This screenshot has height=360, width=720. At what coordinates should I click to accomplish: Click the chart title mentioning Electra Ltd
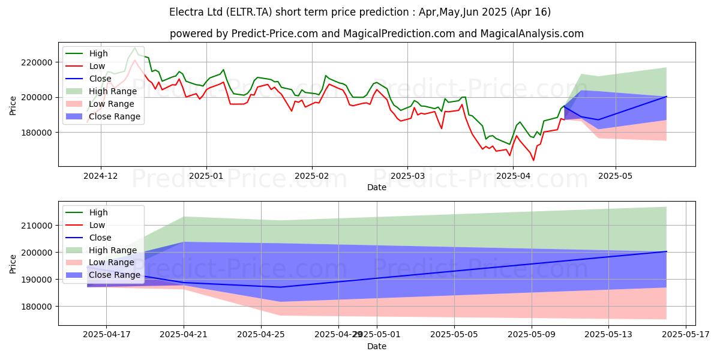[360, 12]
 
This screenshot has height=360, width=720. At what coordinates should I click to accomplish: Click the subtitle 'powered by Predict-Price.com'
[376, 34]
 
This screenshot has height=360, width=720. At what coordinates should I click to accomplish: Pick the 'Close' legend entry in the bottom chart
[99, 238]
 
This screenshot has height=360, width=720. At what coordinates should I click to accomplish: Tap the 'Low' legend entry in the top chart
[97, 66]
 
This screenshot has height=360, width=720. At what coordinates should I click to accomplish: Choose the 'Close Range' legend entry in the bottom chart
[115, 275]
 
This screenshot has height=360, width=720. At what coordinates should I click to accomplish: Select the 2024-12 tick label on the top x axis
[100, 176]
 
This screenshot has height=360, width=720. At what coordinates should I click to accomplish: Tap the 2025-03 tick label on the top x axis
[407, 176]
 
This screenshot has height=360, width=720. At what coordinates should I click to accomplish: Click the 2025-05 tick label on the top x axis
[616, 176]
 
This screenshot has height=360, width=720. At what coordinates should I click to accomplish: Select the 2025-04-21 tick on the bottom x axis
[184, 335]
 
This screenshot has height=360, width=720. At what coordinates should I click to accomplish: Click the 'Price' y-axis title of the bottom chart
[14, 263]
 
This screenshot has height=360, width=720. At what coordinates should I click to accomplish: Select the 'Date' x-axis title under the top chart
[376, 187]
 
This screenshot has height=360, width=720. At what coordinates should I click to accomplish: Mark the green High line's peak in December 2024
[135, 47]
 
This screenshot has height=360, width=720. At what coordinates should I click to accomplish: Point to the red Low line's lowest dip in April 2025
[533, 160]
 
